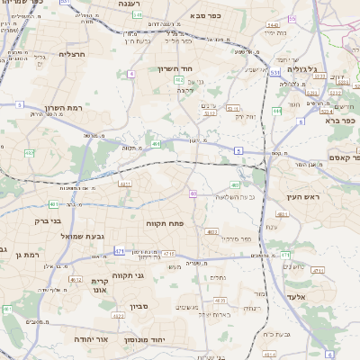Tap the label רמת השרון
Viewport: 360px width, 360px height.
(x=63, y=107)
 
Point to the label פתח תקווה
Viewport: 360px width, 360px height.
(x=166, y=221)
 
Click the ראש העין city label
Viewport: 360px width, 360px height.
(x=304, y=196)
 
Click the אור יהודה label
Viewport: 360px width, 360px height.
(x=88, y=339)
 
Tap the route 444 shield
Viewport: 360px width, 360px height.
(x=277, y=111)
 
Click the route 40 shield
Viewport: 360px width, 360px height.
(x=193, y=193)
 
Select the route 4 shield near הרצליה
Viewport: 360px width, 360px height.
(x=130, y=74)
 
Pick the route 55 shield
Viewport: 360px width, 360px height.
(x=292, y=19)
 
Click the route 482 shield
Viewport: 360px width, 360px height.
(x=30, y=153)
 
